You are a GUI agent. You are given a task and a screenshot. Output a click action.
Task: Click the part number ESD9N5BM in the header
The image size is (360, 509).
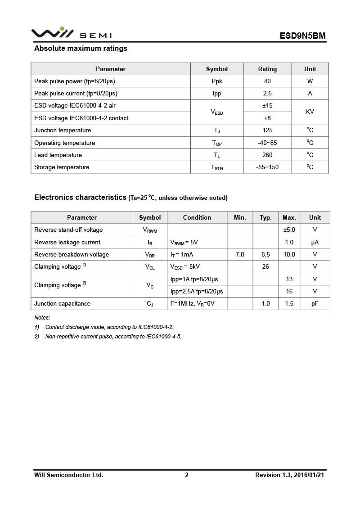(302, 36)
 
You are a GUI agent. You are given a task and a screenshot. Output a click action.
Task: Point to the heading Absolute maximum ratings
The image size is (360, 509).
(81, 49)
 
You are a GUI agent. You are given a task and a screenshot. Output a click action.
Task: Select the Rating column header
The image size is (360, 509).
(267, 69)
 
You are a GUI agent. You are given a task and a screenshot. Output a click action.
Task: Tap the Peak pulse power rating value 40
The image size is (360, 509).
(267, 81)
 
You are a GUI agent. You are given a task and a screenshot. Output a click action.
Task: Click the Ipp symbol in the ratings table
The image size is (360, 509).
(217, 93)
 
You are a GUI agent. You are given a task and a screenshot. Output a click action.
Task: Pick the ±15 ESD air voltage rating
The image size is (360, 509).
(267, 105)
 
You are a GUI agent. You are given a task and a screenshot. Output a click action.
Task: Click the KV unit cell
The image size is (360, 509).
(310, 112)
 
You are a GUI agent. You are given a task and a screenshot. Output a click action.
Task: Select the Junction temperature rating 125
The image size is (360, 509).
(267, 130)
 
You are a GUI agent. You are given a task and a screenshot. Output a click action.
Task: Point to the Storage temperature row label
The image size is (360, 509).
(62, 167)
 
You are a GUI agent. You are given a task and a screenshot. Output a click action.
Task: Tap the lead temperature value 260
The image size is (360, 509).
(267, 155)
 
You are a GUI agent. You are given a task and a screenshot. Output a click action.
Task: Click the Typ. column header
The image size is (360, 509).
(265, 217)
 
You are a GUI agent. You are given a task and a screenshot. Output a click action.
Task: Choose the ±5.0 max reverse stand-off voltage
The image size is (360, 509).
(289, 230)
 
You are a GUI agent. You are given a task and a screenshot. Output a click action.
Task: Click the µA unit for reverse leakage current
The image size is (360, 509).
(315, 242)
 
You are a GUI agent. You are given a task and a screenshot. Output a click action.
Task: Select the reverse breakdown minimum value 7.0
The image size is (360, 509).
(240, 254)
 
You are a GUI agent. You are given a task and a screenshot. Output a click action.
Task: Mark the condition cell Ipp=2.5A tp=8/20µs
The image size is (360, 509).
(197, 291)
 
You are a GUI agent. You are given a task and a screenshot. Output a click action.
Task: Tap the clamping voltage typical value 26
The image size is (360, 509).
(265, 266)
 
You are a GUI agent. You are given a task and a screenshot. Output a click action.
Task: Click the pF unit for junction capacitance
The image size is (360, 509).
(315, 303)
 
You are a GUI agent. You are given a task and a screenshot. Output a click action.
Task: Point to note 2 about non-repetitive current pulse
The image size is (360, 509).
(113, 337)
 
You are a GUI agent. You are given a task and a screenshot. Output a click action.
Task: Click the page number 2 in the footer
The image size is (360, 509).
(187, 475)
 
